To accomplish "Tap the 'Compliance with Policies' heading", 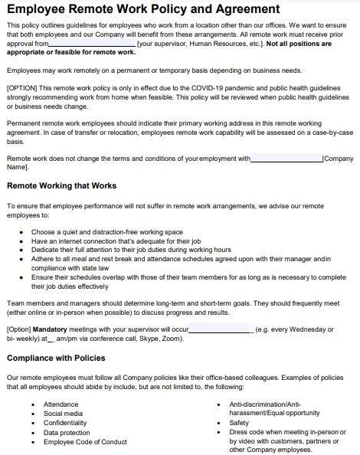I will click(55, 358).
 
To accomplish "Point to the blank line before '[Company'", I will click(286, 159).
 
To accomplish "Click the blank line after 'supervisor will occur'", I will click(220, 329).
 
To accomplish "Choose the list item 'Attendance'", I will click(61, 404).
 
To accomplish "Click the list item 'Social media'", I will click(62, 413).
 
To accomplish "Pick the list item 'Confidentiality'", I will click(65, 422).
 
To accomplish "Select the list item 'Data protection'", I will click(67, 432).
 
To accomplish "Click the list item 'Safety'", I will click(239, 422).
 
